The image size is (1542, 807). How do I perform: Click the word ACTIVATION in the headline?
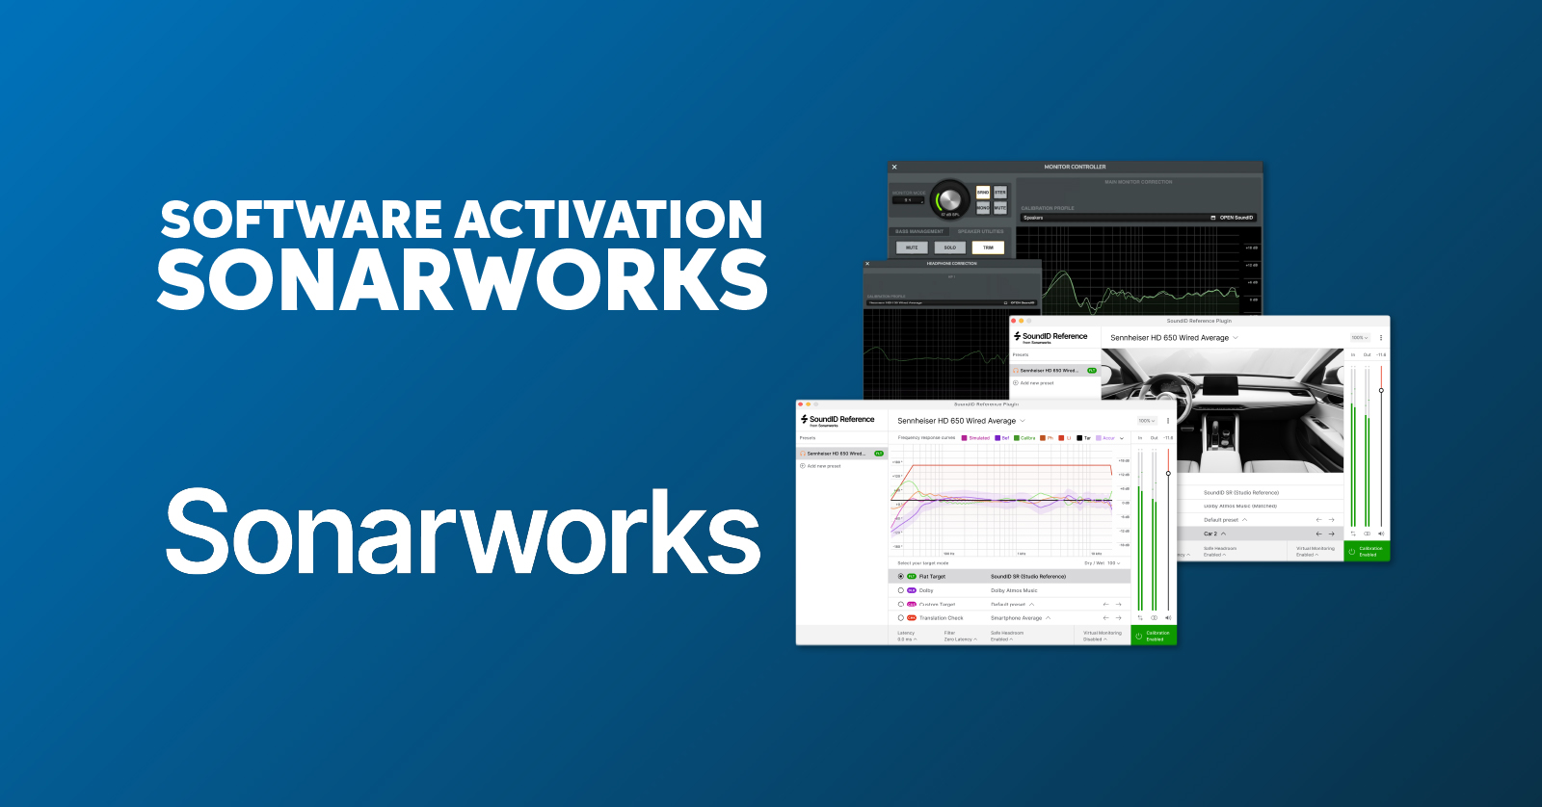coord(609,221)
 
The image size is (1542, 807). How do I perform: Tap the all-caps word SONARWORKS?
coord(462,280)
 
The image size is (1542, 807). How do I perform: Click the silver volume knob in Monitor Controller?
coord(949,199)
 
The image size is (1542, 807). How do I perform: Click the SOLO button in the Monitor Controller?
coord(949,247)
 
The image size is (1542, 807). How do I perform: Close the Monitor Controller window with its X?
coord(894,167)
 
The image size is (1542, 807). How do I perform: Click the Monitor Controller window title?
coord(1075,167)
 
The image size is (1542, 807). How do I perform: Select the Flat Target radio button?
coord(901,577)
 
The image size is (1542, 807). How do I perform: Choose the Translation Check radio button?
coord(901,618)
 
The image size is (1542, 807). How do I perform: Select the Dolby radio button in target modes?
coord(901,590)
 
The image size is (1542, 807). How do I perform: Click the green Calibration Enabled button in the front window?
coord(1154,636)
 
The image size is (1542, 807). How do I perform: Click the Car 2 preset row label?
coord(1210,534)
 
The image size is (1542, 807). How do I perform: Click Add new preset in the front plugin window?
coord(823,466)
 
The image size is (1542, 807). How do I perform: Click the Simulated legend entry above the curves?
coord(976,438)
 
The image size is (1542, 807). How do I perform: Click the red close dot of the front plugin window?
coord(801,404)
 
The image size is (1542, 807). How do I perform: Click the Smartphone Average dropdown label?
coord(1016,618)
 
